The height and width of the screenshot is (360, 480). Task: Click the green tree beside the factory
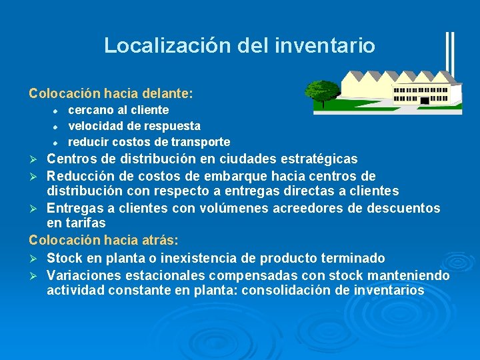click(x=323, y=93)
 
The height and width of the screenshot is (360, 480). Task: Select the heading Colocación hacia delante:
click(x=111, y=93)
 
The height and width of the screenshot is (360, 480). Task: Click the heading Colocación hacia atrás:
click(x=103, y=239)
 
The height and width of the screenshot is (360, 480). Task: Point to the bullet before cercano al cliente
click(x=57, y=111)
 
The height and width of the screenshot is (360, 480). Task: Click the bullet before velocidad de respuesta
click(x=57, y=127)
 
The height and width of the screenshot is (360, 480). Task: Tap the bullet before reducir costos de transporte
click(x=57, y=143)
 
